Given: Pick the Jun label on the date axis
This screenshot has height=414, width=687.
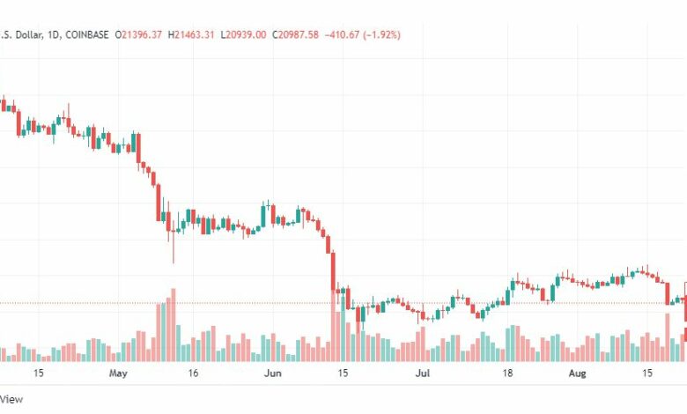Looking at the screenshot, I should coord(273,373).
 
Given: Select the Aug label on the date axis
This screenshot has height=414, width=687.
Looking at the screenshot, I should coord(577,373).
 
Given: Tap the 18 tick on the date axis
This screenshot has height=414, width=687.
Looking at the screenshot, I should coord(508,373).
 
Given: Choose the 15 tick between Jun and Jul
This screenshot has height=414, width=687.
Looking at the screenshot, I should coord(343,373).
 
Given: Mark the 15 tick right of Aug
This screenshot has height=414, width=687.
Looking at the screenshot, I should coord(647,373).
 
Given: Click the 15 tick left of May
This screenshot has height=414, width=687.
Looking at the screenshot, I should coord(39,373).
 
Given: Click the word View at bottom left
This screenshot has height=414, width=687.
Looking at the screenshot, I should coord(11,399).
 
